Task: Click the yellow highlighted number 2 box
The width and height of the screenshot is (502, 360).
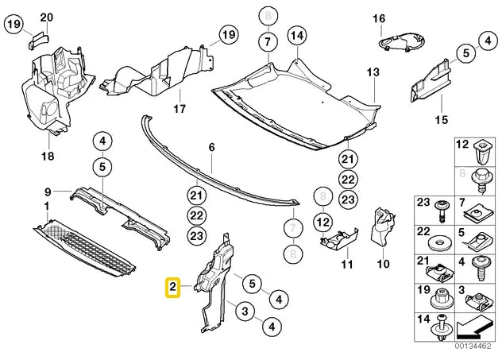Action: pos(172,286)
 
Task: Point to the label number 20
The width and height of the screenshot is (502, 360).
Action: pos(46,17)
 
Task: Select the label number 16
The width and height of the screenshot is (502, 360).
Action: pos(379,17)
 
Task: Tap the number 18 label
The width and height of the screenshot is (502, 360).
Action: pos(47,157)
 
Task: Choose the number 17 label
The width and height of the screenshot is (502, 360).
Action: pos(179,108)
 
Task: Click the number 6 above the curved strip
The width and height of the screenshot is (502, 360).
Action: pos(212,147)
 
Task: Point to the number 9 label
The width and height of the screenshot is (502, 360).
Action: pos(47,192)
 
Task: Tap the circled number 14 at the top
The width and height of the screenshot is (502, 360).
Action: pos(296,35)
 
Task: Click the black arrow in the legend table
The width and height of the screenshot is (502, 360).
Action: pos(476,325)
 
